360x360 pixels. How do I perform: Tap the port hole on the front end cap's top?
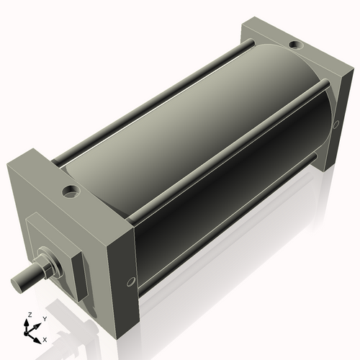(x=71, y=192)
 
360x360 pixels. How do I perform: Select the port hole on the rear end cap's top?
(x=296, y=46)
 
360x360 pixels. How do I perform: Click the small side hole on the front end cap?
(x=130, y=281)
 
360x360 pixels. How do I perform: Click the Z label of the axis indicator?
(x=30, y=315)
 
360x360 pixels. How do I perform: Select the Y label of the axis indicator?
(x=44, y=318)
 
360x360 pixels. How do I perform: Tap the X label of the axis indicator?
(x=45, y=338)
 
